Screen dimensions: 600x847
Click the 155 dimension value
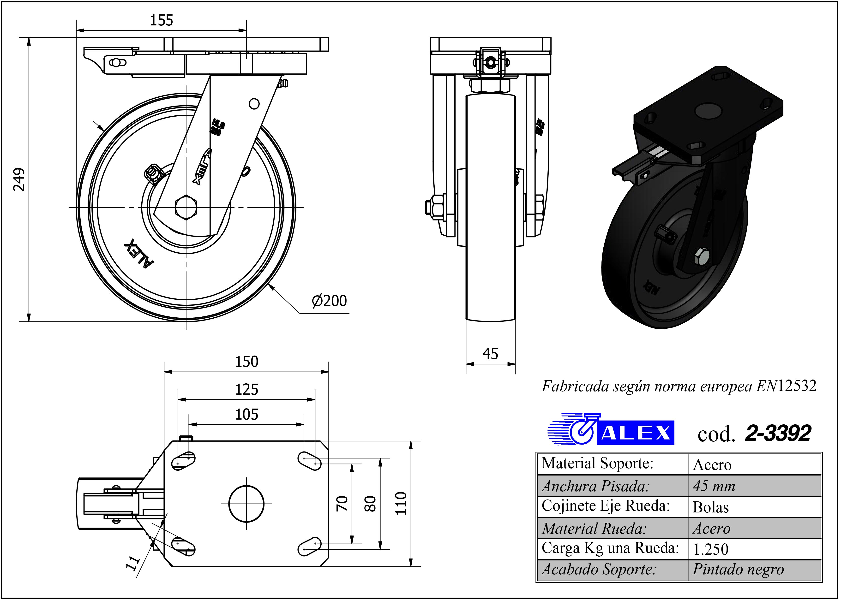click(x=162, y=20)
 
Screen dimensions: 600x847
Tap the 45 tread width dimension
click(x=490, y=354)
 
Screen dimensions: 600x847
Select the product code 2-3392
click(x=778, y=433)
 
